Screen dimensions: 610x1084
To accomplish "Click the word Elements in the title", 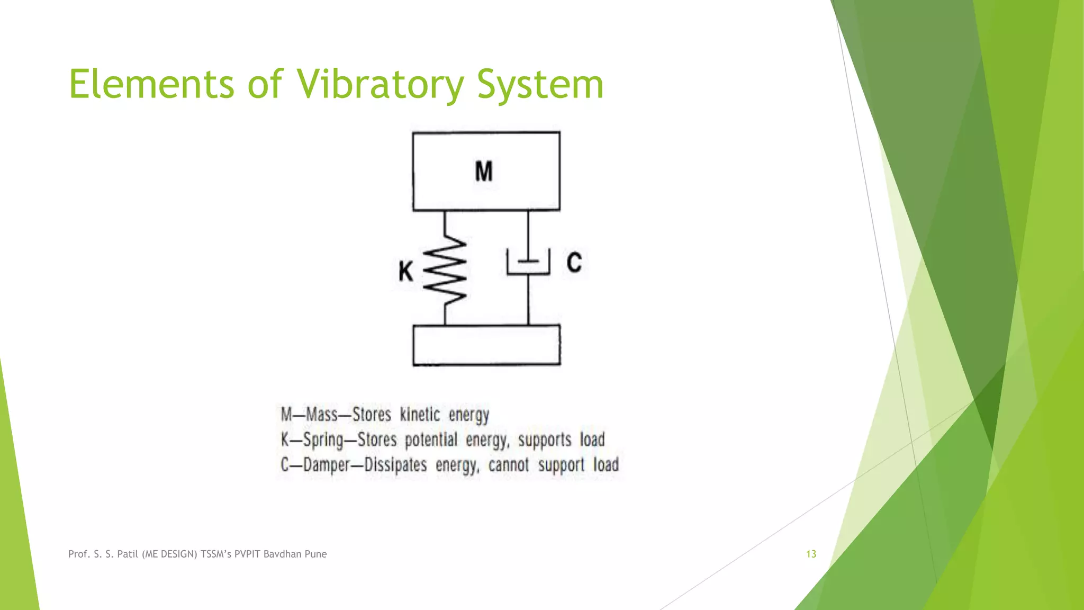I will (151, 85).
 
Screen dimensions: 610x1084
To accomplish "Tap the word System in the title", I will (540, 85).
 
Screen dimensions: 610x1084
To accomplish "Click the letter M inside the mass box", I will (484, 172).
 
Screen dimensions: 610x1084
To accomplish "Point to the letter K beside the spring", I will (405, 272).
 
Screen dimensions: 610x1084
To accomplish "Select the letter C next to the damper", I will (574, 262).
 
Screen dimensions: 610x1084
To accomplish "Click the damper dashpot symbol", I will (528, 263).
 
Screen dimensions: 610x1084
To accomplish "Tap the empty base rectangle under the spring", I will (486, 345).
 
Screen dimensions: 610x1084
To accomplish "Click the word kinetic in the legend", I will (420, 415).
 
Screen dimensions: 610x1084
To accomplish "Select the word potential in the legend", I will (431, 440).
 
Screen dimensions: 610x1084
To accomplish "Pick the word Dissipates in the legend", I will (395, 465).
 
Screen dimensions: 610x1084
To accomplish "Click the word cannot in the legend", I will (508, 465).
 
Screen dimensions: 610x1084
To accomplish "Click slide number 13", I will (811, 554).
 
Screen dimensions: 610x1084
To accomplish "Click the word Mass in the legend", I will (322, 415).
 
